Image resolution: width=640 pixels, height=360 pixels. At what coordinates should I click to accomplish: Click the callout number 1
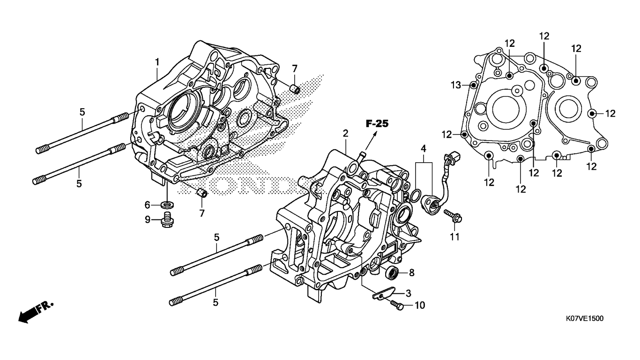coord(157,62)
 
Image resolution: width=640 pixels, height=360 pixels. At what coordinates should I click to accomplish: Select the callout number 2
coord(346,133)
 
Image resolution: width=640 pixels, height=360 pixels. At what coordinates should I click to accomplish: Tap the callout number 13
coord(456,85)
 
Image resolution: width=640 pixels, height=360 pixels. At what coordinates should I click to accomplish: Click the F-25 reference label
coord(377,124)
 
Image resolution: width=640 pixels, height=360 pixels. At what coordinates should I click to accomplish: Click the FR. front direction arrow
coord(36,312)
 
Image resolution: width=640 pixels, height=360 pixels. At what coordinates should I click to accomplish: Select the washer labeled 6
coord(168,205)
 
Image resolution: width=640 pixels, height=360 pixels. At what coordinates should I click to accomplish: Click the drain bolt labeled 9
coord(168,220)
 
